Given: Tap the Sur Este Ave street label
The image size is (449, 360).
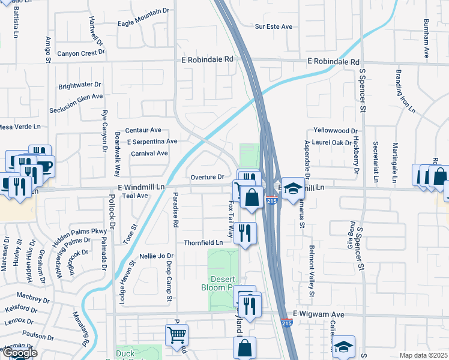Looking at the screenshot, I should (x=273, y=26).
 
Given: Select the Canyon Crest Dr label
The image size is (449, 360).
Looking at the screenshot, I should (x=81, y=53).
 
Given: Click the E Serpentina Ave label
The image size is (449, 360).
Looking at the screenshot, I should (x=152, y=142).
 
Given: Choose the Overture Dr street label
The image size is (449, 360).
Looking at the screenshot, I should (x=207, y=177).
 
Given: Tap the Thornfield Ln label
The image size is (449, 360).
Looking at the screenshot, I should (x=203, y=242).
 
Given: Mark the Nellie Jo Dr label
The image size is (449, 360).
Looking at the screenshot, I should (x=152, y=256).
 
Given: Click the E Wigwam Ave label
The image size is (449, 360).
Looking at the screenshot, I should (x=318, y=314).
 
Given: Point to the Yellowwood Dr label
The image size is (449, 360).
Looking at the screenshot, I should (x=336, y=130).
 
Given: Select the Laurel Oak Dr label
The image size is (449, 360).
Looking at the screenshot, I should (x=331, y=142).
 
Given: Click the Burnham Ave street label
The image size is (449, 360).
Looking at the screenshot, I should (x=427, y=38).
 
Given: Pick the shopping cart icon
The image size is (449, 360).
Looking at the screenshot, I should (x=176, y=335).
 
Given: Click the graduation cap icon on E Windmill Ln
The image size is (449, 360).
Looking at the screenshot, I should (x=292, y=189).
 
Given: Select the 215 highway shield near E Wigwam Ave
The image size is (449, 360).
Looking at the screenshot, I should (x=287, y=323).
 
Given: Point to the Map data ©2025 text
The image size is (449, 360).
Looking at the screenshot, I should (x=423, y=355).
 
